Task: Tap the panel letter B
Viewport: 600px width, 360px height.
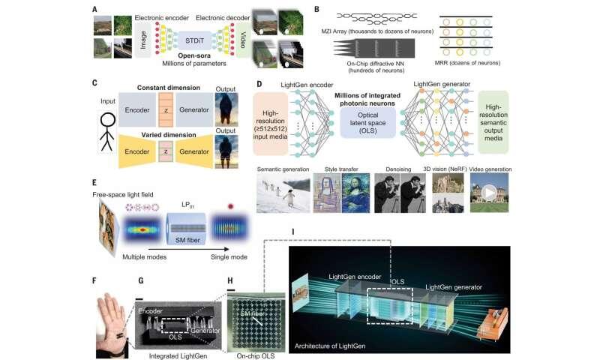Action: coord(317,9)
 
